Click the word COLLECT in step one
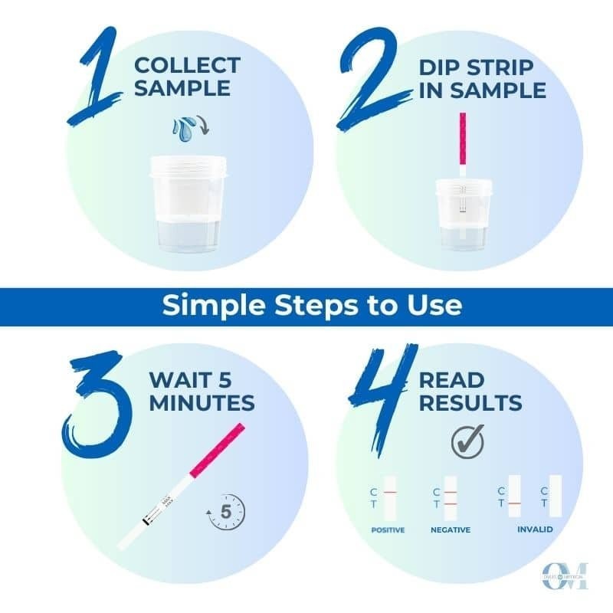(x=185, y=66)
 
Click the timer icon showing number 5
(x=226, y=513)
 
